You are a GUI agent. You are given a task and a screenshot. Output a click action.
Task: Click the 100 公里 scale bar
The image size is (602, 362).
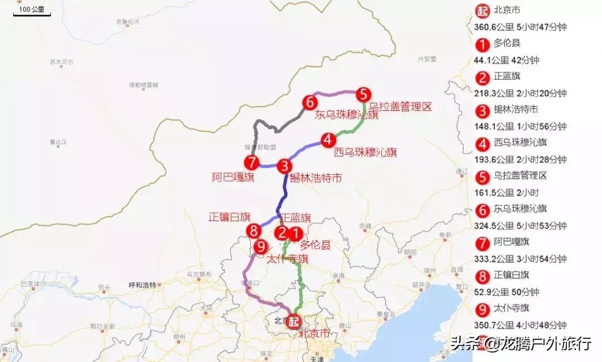(32, 11)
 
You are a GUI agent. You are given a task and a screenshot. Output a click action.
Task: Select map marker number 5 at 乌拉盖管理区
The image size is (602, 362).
(363, 94)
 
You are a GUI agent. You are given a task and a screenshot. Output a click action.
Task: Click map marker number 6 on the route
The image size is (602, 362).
(310, 102)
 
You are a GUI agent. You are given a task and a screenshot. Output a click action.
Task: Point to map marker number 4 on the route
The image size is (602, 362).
(328, 139)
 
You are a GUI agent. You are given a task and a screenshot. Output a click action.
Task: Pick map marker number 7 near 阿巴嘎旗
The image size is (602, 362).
(251, 163)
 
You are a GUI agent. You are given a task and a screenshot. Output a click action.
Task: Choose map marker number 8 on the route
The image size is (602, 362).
(254, 230)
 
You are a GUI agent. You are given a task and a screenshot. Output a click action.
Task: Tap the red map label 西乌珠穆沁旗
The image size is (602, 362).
(365, 152)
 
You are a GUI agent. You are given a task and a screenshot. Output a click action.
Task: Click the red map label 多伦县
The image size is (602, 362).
(315, 245)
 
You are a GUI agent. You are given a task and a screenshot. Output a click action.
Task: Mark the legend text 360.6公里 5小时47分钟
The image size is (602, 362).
(518, 27)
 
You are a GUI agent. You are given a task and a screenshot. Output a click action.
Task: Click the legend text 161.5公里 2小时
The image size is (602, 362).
(507, 193)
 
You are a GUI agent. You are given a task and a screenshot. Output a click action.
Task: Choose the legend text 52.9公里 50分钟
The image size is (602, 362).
(507, 292)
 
